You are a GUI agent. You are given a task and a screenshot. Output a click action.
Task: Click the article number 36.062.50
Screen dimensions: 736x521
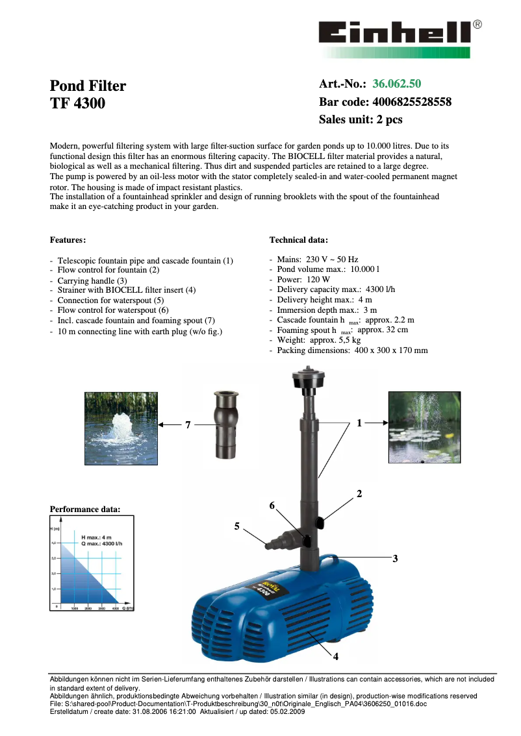coord(396,84)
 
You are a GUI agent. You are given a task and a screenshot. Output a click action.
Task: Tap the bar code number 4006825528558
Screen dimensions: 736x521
coord(412,102)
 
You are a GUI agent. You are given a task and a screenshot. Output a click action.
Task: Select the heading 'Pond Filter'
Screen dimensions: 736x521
coord(88,86)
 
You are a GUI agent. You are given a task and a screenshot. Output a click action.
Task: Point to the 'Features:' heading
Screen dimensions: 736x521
coord(68,240)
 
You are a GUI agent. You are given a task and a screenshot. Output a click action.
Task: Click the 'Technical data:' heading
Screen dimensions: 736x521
coord(298,240)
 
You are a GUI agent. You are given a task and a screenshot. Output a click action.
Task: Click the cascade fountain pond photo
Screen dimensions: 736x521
coord(424,427)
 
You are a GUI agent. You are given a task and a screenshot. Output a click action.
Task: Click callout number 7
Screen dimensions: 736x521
coord(187,425)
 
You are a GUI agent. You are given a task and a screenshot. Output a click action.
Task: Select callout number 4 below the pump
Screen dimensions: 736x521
coord(336,656)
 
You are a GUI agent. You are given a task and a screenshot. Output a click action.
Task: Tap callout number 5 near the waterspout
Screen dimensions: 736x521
coord(237,526)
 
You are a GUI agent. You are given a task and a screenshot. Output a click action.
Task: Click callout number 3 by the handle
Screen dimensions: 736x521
coord(394,558)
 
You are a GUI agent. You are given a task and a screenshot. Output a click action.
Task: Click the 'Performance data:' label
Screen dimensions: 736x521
coord(85,509)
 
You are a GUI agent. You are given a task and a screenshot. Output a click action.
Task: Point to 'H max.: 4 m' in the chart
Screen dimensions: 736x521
coord(96,537)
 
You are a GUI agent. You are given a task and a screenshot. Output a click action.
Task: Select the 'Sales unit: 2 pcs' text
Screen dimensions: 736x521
coord(361,119)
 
